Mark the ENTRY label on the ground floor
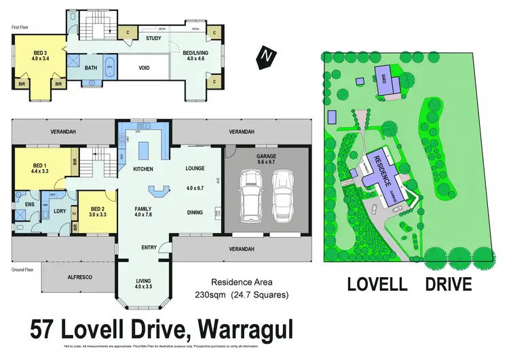150,247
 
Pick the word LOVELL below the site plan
376,284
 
